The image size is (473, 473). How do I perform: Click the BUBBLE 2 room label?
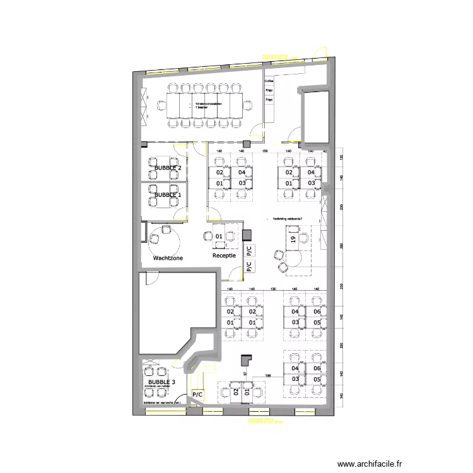[x=168, y=168]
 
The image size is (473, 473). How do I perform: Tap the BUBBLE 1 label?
[x=168, y=196]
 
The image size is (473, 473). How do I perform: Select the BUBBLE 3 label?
[x=162, y=383]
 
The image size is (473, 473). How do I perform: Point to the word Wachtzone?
[x=168, y=259]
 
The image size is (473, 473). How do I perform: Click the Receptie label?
[x=224, y=256]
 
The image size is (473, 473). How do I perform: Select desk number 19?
[x=293, y=239]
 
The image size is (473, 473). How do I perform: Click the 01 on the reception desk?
[x=219, y=237]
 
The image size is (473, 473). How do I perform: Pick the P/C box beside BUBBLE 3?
[x=197, y=395]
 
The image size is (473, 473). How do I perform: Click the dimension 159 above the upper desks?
[x=266, y=152]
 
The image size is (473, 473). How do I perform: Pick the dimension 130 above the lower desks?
[x=273, y=288]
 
